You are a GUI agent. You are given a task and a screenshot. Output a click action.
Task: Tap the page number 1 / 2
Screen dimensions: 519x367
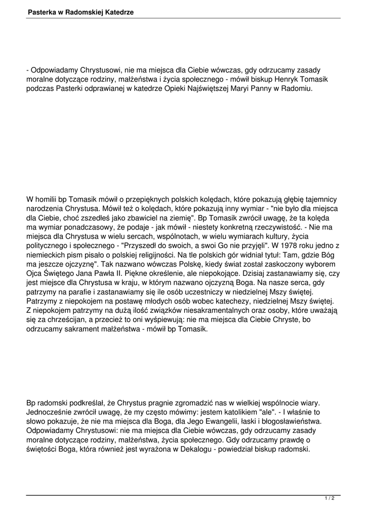329,499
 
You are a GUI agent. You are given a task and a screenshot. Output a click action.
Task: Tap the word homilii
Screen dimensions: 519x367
49,199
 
